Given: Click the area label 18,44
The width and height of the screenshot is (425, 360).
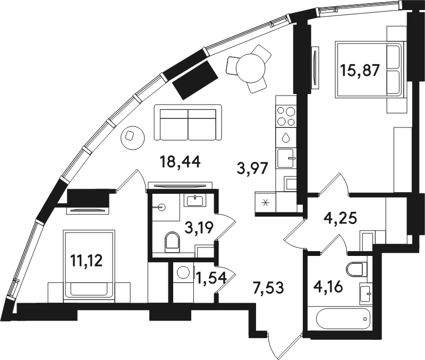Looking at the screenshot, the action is [180, 162].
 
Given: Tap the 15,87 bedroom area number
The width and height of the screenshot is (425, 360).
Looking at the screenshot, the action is [360, 71].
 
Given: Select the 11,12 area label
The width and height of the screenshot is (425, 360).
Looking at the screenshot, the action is [86, 261].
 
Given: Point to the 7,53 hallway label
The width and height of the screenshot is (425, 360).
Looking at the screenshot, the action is [268, 288].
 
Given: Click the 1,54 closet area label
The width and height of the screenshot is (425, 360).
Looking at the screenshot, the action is [211, 278].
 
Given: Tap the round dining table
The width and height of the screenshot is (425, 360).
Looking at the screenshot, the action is [250, 68].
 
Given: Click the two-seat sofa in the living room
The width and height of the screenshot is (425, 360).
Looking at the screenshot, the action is [188, 123].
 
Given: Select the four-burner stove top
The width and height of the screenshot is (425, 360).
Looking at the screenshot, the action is [286, 116].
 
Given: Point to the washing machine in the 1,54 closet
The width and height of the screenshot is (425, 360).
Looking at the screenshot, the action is [183, 273].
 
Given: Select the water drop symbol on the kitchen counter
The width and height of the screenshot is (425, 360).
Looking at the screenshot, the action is [286, 138].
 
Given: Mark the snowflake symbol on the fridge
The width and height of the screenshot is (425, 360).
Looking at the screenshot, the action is [265, 202].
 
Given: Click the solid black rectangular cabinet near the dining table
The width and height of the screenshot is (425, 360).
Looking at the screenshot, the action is [195, 80].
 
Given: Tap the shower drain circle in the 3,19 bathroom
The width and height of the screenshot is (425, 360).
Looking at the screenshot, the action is [162, 208].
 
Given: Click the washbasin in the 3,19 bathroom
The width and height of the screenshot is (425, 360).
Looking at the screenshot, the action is [194, 201].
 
